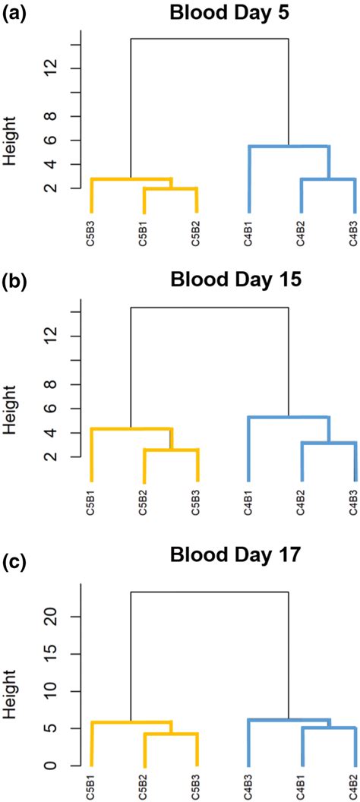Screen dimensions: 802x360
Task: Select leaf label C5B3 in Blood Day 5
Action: (x=92, y=234)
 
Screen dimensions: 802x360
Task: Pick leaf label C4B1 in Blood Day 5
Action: (x=249, y=234)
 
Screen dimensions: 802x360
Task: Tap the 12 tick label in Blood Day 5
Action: (x=50, y=68)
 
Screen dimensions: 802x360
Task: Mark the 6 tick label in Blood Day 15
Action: (x=50, y=409)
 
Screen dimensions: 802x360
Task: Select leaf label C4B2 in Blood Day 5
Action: (x=302, y=234)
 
